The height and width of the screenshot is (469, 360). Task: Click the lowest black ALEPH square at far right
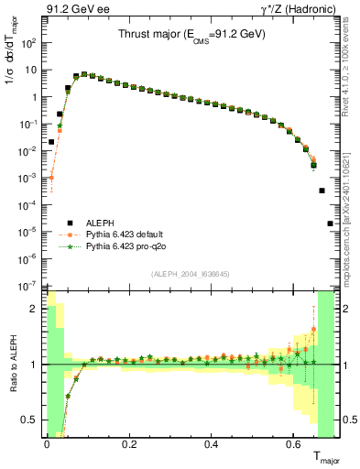[x=330, y=223]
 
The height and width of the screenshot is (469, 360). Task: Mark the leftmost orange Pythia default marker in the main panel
[x=51, y=178]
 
